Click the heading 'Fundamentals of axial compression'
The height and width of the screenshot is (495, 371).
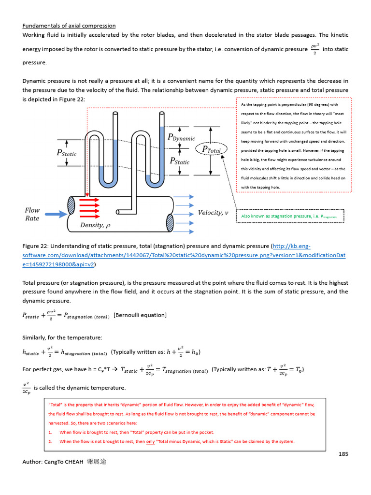pos(69,26)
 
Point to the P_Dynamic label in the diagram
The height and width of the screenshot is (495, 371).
pos(181,138)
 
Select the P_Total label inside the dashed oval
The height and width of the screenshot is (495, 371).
pos(211,150)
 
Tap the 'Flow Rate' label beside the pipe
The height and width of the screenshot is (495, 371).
pos(32,214)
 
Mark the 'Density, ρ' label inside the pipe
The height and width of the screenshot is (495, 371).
pos(95,225)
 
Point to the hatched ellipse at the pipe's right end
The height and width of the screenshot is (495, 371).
pos(169,223)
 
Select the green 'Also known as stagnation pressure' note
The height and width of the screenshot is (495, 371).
pos(289,216)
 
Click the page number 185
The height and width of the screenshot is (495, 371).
pos(343,453)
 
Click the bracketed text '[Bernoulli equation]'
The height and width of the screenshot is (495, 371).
pos(140,315)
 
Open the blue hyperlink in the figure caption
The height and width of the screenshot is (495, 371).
pos(184,255)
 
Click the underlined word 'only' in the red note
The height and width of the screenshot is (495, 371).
pos(151,441)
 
